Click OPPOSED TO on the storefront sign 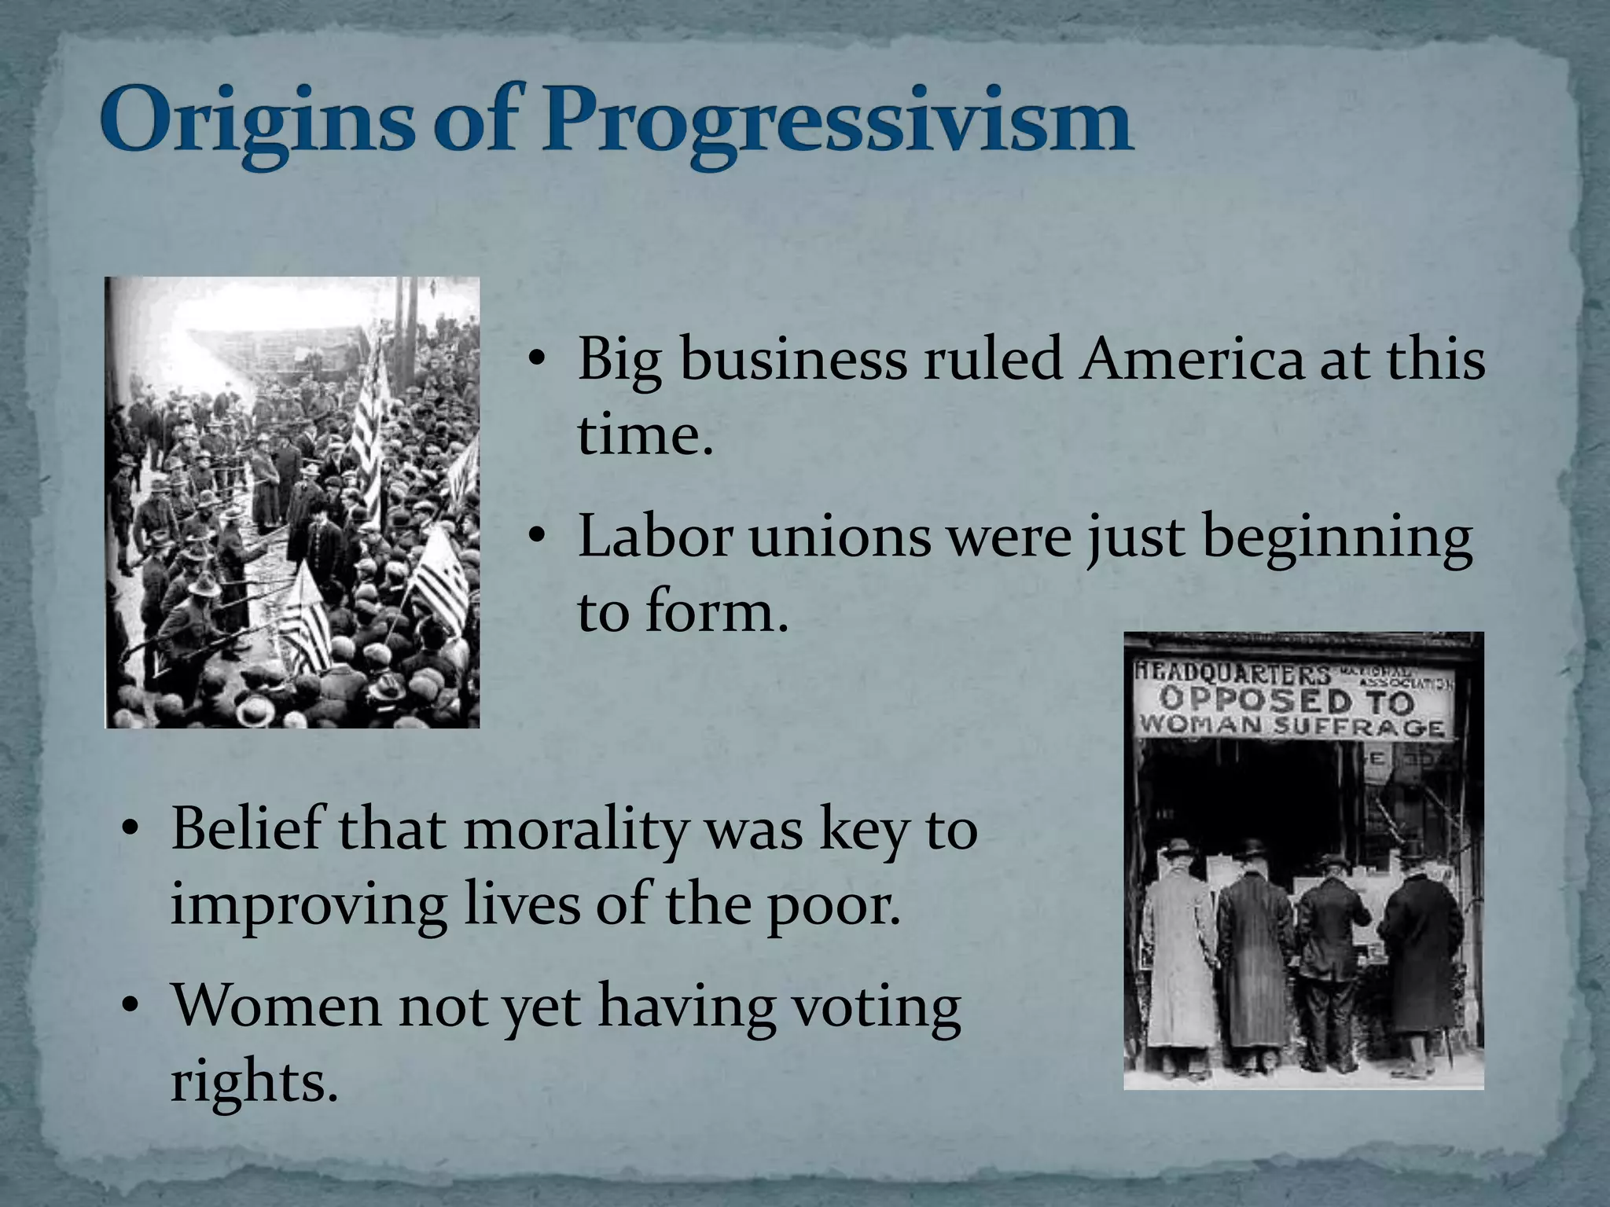pos(1286,699)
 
